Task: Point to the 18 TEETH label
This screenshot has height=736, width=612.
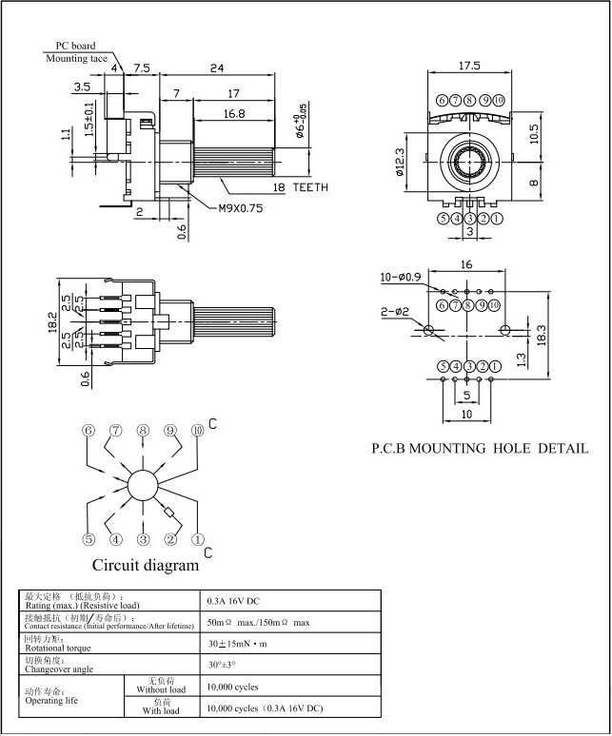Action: point(301,187)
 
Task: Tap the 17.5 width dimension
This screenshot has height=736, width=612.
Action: point(469,66)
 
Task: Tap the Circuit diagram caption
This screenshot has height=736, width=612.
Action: point(145,566)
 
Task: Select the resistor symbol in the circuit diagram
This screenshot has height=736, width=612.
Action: point(170,514)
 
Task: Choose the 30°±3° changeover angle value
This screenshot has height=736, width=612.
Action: point(221,665)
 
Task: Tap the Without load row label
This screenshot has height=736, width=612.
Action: point(160,687)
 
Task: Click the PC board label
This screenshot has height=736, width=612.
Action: point(75,45)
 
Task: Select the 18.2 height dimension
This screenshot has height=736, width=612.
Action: point(53,322)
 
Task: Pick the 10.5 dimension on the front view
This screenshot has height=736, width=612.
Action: point(535,133)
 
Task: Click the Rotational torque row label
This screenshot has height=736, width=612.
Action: point(63,648)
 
